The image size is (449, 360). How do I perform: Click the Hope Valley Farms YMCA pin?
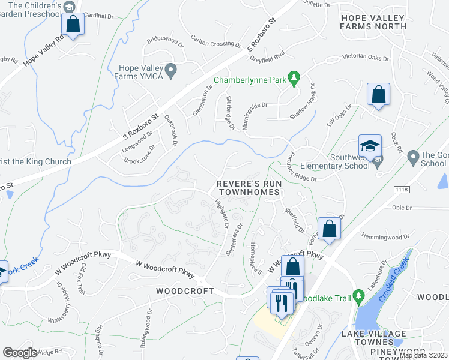(171, 72)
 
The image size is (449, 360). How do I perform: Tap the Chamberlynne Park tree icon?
(294, 77)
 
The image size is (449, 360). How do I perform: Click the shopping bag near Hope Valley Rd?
(73, 25)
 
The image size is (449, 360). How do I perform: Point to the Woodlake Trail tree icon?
(358, 295)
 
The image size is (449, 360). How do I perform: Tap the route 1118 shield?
(402, 190)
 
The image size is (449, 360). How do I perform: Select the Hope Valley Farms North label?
(373, 22)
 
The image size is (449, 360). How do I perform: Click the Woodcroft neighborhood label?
(185, 291)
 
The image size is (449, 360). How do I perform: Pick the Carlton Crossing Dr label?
(211, 43)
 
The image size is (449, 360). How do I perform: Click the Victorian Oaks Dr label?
(366, 58)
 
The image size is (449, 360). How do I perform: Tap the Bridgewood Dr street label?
(164, 41)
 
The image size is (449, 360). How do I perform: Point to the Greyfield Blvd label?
(267, 59)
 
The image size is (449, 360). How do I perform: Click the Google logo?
(20, 353)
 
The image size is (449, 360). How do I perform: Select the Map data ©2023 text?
(423, 355)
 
